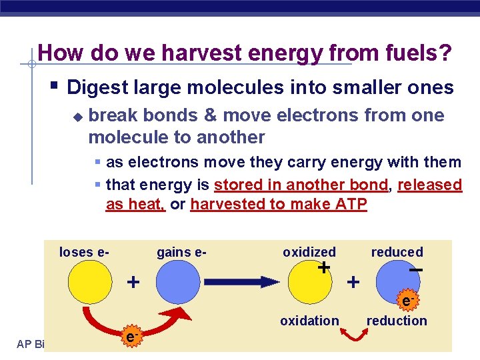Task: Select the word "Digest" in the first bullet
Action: [97, 87]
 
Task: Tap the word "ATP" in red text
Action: [348, 205]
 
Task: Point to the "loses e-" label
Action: [85, 252]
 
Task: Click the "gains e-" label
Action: [181, 252]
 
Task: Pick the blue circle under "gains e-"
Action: [179, 282]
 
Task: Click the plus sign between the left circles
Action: [133, 282]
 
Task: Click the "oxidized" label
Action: [309, 252]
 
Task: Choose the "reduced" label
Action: [397, 252]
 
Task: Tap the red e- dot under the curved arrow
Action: [132, 338]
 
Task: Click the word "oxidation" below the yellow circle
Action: [309, 321]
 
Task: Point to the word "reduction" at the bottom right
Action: [397, 321]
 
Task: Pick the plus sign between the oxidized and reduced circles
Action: [353, 282]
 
